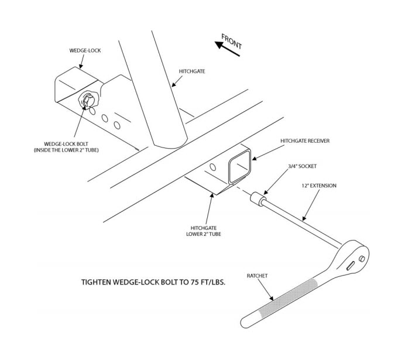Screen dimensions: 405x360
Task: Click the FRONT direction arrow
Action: point(227,49)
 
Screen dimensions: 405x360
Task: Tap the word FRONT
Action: point(232,42)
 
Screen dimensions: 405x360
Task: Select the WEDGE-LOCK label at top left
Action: point(85,50)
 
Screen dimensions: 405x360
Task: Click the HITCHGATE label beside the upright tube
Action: point(192,71)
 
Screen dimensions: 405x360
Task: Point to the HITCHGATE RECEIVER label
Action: point(305,141)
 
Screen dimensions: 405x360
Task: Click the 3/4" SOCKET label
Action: point(302,166)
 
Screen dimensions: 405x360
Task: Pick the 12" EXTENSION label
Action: point(319,186)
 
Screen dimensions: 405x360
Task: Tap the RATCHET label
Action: point(257,276)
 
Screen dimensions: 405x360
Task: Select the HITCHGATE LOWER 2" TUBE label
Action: point(204,231)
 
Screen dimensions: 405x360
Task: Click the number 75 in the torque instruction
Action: point(195,282)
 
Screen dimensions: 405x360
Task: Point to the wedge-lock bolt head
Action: point(88,100)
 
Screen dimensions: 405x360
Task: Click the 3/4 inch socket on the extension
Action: point(258,199)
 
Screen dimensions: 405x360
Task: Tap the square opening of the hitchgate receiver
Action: point(240,167)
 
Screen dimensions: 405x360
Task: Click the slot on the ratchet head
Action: point(350,266)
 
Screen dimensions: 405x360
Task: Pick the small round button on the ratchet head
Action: point(362,259)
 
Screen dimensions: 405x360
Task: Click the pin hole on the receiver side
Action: point(212,167)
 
